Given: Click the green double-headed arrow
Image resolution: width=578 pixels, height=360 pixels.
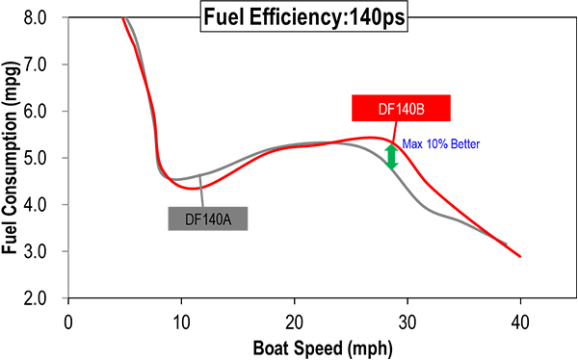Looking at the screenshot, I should click(391, 157).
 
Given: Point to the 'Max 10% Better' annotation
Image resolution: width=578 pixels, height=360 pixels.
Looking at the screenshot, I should click(439, 144).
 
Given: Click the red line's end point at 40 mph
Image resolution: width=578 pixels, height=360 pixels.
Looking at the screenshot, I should click(520, 256).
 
